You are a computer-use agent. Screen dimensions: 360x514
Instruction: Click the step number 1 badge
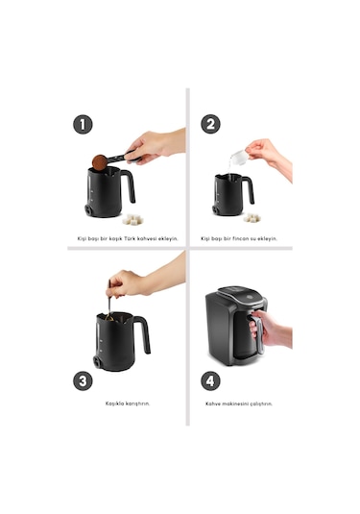[x=83, y=124]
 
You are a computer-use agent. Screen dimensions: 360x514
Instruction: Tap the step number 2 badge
[x=210, y=124]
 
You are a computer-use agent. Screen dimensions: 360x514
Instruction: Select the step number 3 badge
[x=83, y=380]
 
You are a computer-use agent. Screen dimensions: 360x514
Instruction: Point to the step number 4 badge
[x=210, y=380]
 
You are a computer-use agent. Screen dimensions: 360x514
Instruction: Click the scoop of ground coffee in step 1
[x=99, y=162]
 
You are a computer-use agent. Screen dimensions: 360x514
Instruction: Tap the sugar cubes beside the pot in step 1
[x=132, y=219]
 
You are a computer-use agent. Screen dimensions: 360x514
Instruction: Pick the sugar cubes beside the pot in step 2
[x=252, y=217]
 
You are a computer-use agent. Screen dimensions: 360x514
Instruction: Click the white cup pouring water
[x=238, y=157]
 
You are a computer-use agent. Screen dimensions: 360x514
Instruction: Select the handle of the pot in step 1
[x=129, y=184]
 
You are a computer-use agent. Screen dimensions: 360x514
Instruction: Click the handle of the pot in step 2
[x=249, y=189]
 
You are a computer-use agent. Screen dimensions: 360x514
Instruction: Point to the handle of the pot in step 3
[x=143, y=332]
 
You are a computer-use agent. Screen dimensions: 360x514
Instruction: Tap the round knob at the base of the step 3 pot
[x=97, y=362]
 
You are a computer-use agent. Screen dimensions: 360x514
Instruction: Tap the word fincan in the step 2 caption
[x=241, y=238]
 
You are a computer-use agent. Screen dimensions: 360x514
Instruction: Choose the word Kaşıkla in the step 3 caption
[x=114, y=404]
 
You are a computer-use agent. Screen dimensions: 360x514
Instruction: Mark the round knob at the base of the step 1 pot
[x=88, y=209]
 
